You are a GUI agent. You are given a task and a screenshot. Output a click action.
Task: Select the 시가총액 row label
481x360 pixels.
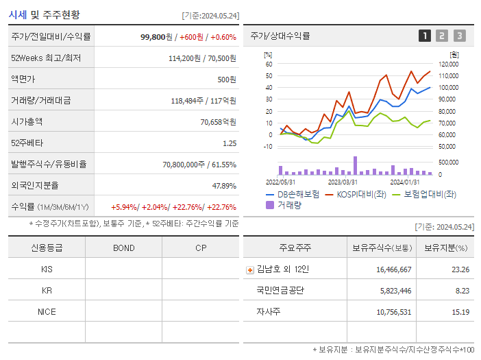click(x=27, y=121)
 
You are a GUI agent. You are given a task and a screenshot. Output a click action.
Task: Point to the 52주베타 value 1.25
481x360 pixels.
click(x=229, y=143)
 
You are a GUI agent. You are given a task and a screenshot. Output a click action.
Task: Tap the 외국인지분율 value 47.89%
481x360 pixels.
click(x=224, y=185)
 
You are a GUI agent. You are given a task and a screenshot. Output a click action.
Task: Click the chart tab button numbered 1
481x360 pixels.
click(x=425, y=36)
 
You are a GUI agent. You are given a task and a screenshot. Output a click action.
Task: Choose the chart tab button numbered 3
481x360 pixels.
click(x=459, y=36)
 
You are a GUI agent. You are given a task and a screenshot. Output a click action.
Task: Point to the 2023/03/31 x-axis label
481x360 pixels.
click(x=343, y=182)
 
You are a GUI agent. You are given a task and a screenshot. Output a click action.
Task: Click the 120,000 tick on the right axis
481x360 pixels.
click(x=448, y=64)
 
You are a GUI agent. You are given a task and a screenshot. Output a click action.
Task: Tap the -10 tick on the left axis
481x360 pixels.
click(x=269, y=146)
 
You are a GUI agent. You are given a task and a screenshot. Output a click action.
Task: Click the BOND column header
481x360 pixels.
click(x=123, y=248)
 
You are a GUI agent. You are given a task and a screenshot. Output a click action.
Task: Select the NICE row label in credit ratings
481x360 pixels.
click(x=47, y=311)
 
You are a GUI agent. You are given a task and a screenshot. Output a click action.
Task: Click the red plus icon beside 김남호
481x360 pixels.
click(x=250, y=269)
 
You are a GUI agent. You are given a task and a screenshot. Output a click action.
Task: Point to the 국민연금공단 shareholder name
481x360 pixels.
click(x=280, y=290)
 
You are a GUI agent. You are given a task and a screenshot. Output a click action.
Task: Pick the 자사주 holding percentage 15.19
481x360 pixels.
click(x=460, y=311)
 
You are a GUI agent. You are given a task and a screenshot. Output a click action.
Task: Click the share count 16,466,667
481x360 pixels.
click(x=393, y=269)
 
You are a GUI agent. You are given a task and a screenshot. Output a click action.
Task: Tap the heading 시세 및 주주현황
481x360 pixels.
click(x=44, y=14)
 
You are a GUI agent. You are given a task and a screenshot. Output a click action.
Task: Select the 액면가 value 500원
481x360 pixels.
click(x=227, y=80)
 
